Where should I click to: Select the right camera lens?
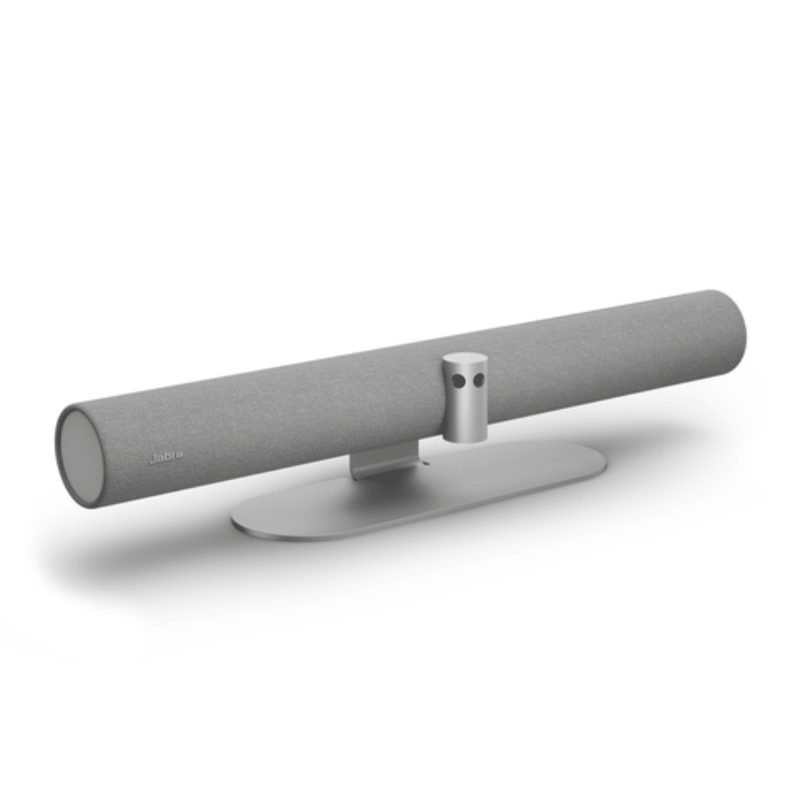478,380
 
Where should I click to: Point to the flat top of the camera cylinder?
465,358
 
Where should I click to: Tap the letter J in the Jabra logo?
151,458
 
